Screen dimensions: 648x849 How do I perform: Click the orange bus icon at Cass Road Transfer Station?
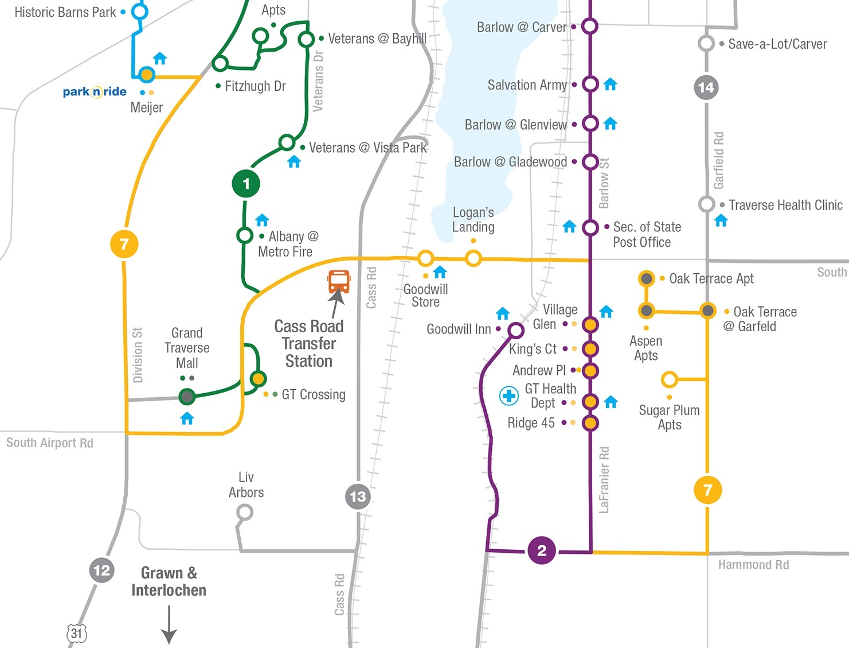coord(339,281)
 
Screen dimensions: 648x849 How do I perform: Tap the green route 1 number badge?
coord(246,184)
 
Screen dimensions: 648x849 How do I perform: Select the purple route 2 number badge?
coord(542,550)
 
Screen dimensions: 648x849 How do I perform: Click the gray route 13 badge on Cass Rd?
coord(358,496)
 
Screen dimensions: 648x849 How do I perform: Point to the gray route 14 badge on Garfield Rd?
coord(706,87)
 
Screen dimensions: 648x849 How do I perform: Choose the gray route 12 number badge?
coord(102,571)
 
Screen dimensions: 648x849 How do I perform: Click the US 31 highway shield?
coord(77,634)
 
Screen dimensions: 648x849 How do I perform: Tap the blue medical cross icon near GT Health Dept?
coord(508,395)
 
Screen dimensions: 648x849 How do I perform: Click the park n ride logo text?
coord(95,92)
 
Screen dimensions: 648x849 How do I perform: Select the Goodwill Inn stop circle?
coord(516,330)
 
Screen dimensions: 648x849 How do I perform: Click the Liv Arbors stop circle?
coord(245,512)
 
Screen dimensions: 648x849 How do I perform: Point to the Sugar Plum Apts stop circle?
coord(669,379)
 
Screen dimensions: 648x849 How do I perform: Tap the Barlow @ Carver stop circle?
coord(590,26)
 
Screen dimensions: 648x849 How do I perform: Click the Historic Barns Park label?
coord(65,12)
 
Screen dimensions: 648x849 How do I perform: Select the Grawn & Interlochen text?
coord(169,581)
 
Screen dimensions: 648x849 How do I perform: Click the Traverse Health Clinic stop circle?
coord(706,204)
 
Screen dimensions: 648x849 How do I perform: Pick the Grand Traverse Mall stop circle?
coord(187,396)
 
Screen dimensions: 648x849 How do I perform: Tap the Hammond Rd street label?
coord(753,565)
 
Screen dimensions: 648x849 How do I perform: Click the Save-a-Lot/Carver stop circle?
coord(706,44)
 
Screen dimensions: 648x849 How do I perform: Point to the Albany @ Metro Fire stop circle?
coord(245,235)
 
